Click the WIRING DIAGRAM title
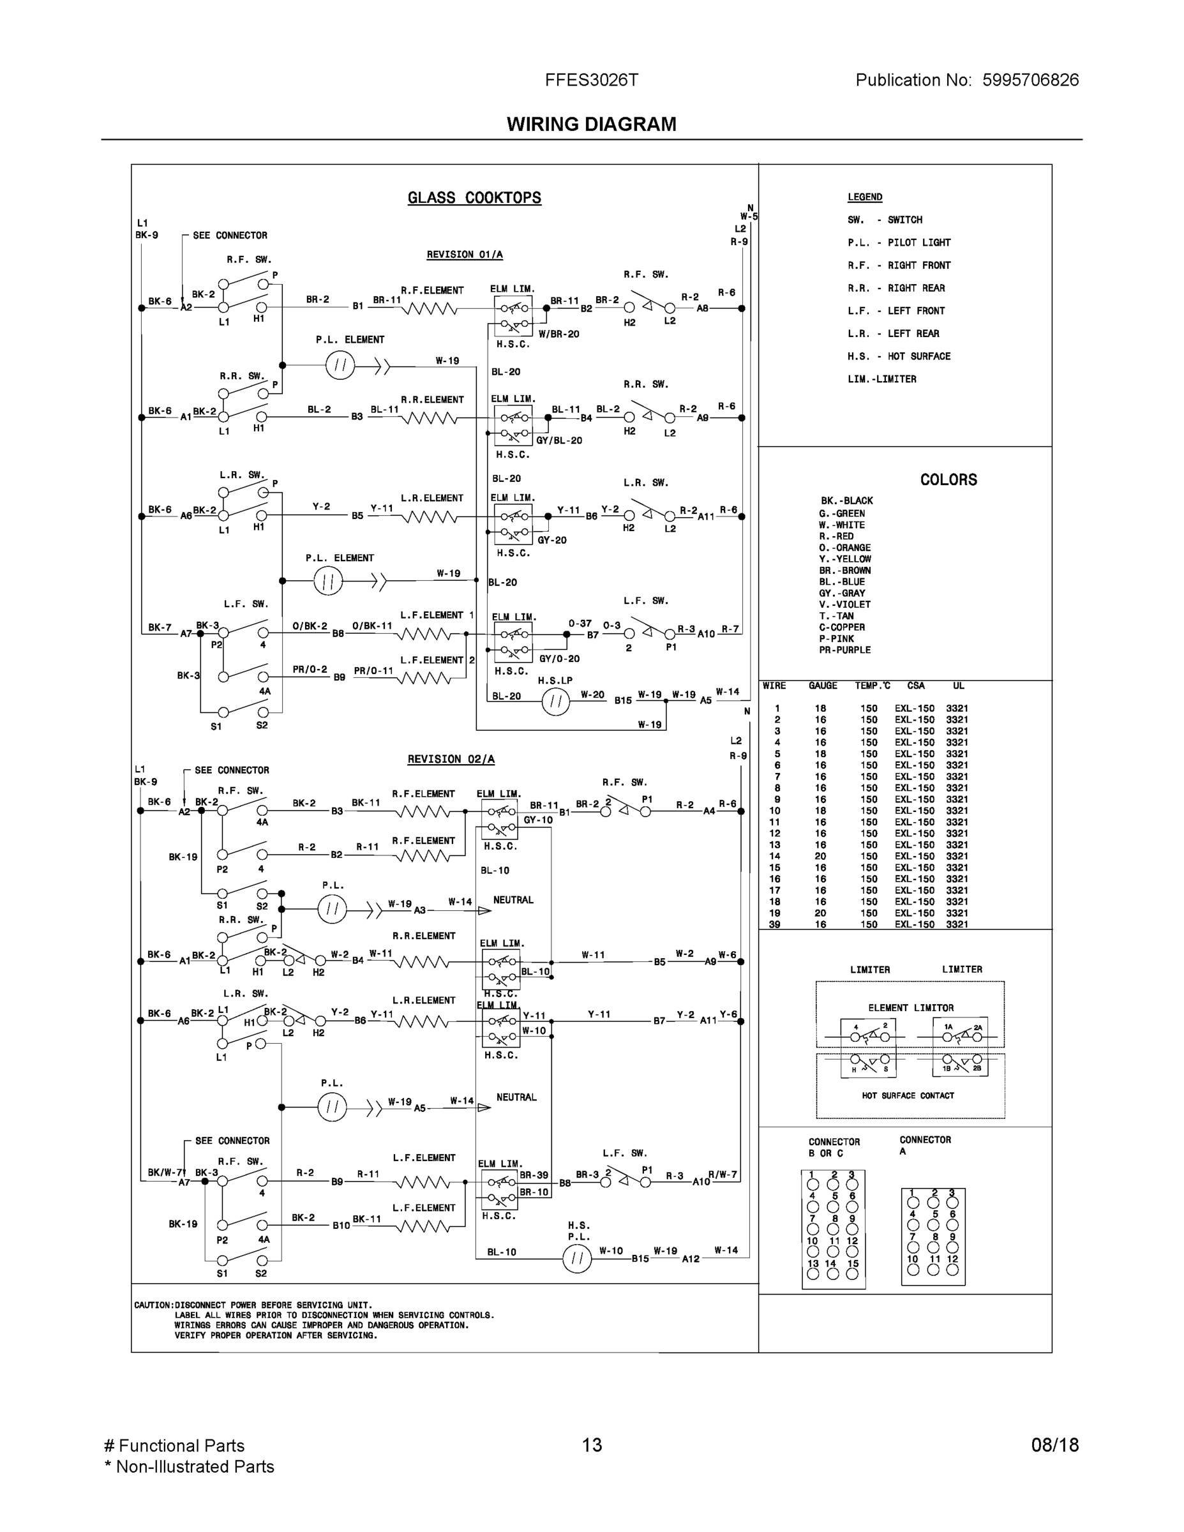(591, 124)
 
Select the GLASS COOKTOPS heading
(474, 198)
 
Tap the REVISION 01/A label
(464, 255)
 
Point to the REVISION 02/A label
(451, 759)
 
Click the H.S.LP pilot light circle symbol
(555, 701)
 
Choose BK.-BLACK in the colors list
(846, 501)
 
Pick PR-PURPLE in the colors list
(844, 650)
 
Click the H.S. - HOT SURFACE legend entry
(899, 356)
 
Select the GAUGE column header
(823, 686)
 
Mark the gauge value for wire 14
(821, 857)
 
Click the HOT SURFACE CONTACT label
(908, 1095)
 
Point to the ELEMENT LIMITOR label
(910, 1008)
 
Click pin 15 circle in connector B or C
(852, 1274)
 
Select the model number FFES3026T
(591, 80)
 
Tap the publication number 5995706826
(1030, 80)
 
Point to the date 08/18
(1055, 1445)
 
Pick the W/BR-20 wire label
(558, 334)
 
